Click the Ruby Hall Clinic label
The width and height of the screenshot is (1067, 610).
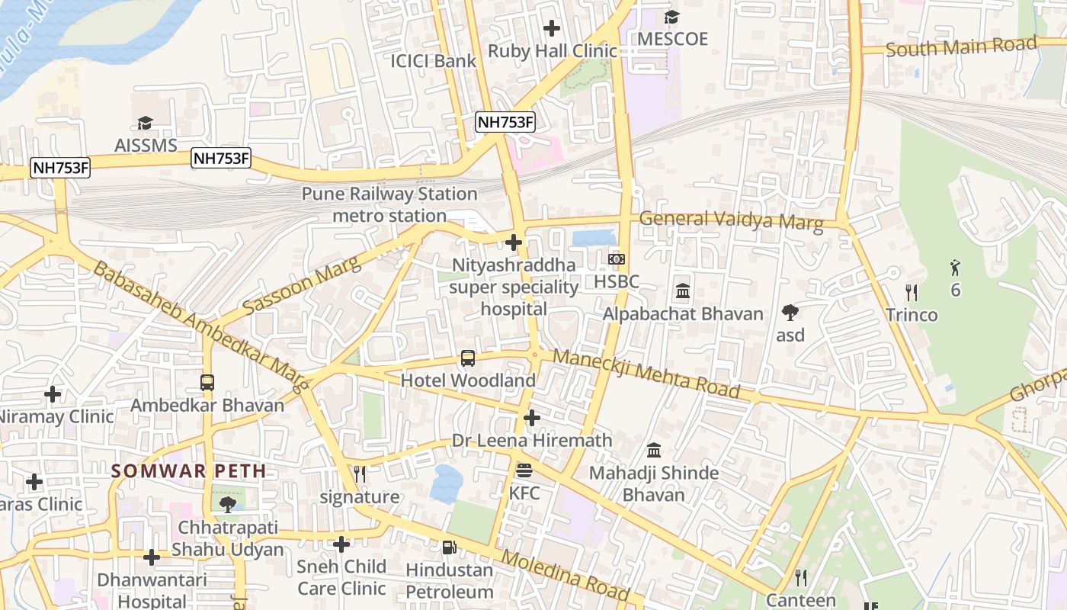(552, 51)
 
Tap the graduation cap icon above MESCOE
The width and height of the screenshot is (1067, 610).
(671, 18)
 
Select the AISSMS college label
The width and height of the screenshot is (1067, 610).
(145, 145)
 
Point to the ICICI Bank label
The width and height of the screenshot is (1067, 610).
(433, 61)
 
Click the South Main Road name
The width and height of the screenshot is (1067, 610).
(961, 47)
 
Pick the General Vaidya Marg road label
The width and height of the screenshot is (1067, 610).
(731, 220)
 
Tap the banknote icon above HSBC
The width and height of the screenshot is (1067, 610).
(617, 259)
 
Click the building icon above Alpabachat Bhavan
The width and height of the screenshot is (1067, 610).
(683, 291)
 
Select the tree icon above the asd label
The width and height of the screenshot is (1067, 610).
(790, 312)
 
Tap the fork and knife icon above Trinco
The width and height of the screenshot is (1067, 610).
(910, 292)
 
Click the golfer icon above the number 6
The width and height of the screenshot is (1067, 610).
(955, 268)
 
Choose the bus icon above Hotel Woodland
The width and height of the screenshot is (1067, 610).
(468, 358)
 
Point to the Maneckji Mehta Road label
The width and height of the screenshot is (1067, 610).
(646, 374)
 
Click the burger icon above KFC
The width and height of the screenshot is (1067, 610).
(524, 470)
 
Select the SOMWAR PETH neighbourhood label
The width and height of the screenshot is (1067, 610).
(189, 470)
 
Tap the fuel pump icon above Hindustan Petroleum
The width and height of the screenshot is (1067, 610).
(449, 547)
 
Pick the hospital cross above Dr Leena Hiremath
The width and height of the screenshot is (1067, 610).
(532, 418)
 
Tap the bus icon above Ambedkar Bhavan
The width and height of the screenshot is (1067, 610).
(207, 382)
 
